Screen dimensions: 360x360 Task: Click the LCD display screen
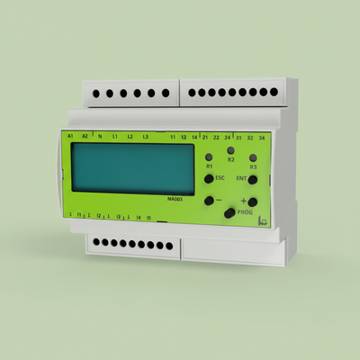pyautogui.click(x=132, y=168)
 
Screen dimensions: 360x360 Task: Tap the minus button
pyautogui.click(x=209, y=201)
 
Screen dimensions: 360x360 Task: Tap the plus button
pyautogui.click(x=253, y=202)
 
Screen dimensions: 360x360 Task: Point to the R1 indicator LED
pyautogui.click(x=209, y=157)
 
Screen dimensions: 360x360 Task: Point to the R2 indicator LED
pyautogui.click(x=230, y=149)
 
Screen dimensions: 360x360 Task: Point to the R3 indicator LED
pyautogui.click(x=253, y=157)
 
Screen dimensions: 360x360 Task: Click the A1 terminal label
pyautogui.click(x=70, y=135)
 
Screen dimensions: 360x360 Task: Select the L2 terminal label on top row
pyautogui.click(x=130, y=136)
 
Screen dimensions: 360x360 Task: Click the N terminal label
pyautogui.click(x=100, y=136)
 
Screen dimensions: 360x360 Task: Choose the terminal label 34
pyautogui.click(x=262, y=138)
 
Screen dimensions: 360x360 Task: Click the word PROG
pyautogui.click(x=243, y=212)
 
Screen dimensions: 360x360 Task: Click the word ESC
pyautogui.click(x=220, y=179)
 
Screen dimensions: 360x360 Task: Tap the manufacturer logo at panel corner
pyautogui.click(x=264, y=220)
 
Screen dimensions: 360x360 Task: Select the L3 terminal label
pyautogui.click(x=146, y=136)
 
